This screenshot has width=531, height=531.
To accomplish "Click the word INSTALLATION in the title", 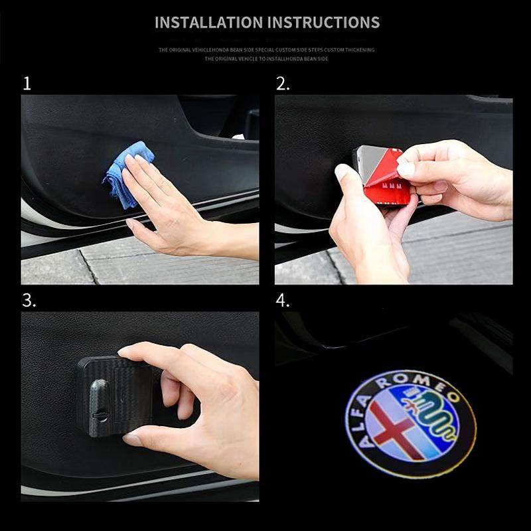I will click(x=208, y=23).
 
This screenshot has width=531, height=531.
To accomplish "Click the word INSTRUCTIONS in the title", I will click(x=323, y=23).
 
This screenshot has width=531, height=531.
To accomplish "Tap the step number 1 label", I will click(x=27, y=84).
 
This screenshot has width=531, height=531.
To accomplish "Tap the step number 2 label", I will click(x=283, y=84).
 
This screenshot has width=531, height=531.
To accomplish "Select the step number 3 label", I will click(x=29, y=300).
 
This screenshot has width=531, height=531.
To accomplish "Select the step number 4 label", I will click(x=283, y=300).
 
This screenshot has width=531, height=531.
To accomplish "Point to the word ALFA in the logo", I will click(x=362, y=412).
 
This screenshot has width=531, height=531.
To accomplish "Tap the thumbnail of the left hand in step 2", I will click(x=341, y=174).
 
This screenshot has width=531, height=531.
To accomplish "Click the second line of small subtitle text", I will click(x=265, y=59).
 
